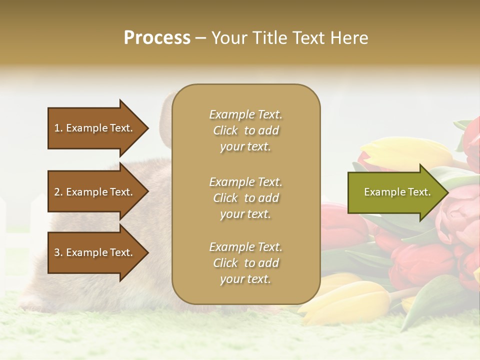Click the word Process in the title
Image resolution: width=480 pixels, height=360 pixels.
(x=157, y=38)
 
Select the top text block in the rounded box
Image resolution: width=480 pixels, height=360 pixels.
(x=245, y=130)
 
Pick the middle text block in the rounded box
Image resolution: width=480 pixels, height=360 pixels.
(x=245, y=198)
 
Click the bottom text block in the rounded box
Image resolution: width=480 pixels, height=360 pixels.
(x=245, y=263)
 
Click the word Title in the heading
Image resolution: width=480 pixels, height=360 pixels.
(x=270, y=38)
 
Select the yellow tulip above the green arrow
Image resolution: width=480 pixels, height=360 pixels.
(x=405, y=152)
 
